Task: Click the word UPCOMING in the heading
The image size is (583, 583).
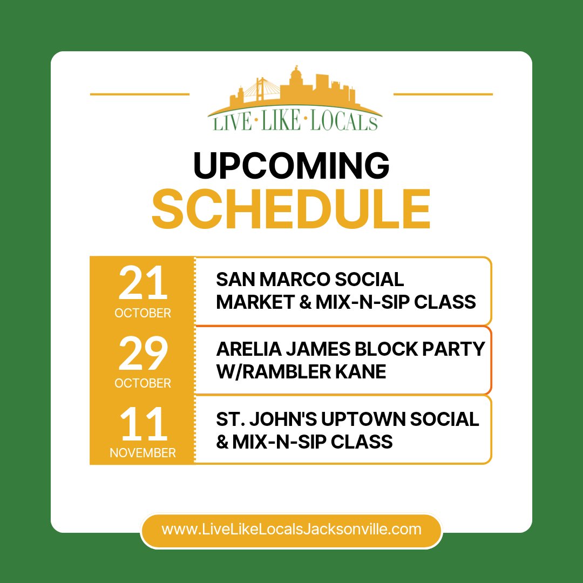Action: [x=291, y=166]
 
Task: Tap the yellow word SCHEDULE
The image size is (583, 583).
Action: [x=291, y=209]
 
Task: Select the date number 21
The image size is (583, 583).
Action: [x=143, y=284]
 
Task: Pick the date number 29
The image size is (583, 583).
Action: [x=143, y=354]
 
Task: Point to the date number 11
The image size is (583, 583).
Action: [x=143, y=424]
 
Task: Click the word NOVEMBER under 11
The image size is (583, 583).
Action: [x=143, y=453]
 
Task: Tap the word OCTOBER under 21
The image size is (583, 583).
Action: [x=143, y=313]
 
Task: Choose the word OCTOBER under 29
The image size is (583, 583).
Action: [x=143, y=383]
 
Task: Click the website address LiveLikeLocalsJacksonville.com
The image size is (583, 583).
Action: [x=291, y=529]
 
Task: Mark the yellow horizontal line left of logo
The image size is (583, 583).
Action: [x=139, y=94]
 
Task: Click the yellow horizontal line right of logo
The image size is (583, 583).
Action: [x=443, y=94]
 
